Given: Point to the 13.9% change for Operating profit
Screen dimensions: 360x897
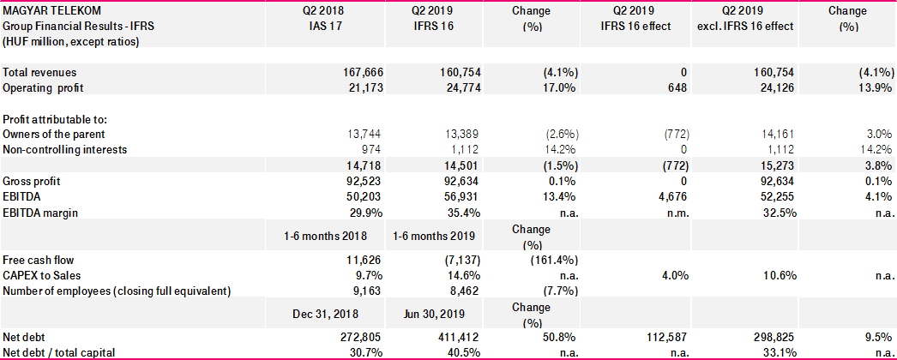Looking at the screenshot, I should pyautogui.click(x=873, y=88).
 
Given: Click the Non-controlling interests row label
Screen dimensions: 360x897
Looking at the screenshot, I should pyautogui.click(x=64, y=149).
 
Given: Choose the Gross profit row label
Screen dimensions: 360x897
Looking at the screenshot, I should pyautogui.click(x=33, y=182).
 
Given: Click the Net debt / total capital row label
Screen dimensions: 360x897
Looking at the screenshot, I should pyautogui.click(x=60, y=351).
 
